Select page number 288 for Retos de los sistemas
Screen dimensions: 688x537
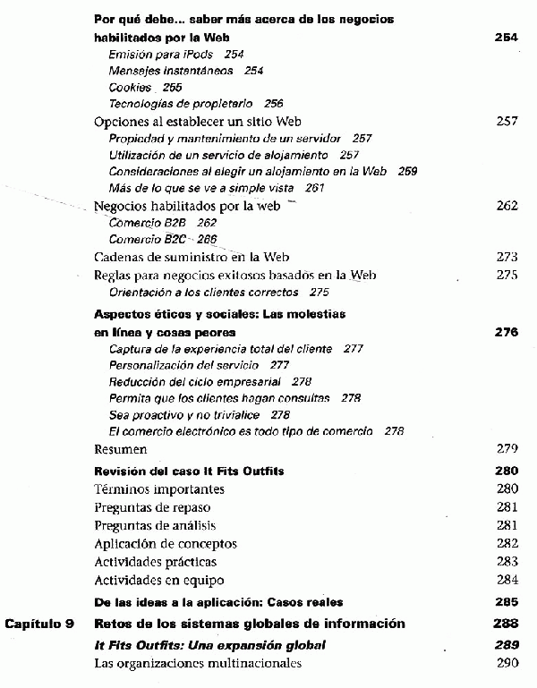(x=507, y=624)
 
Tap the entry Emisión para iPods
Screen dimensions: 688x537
(x=160, y=55)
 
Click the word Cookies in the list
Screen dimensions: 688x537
(x=130, y=88)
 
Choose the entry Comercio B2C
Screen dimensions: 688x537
(x=149, y=240)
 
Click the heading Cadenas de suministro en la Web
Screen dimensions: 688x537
(x=192, y=257)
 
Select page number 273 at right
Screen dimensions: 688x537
(x=507, y=257)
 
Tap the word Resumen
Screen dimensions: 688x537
(x=121, y=449)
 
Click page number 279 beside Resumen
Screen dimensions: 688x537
(x=507, y=449)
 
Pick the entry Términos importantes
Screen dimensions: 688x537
(x=159, y=489)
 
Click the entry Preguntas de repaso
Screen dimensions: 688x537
(x=153, y=507)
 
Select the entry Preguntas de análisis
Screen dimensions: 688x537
(x=155, y=525)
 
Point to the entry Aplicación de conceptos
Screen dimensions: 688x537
(x=166, y=543)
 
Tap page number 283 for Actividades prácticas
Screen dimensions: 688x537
(x=507, y=561)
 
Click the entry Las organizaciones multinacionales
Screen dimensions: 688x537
(x=198, y=663)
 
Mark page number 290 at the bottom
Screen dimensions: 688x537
(x=507, y=663)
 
